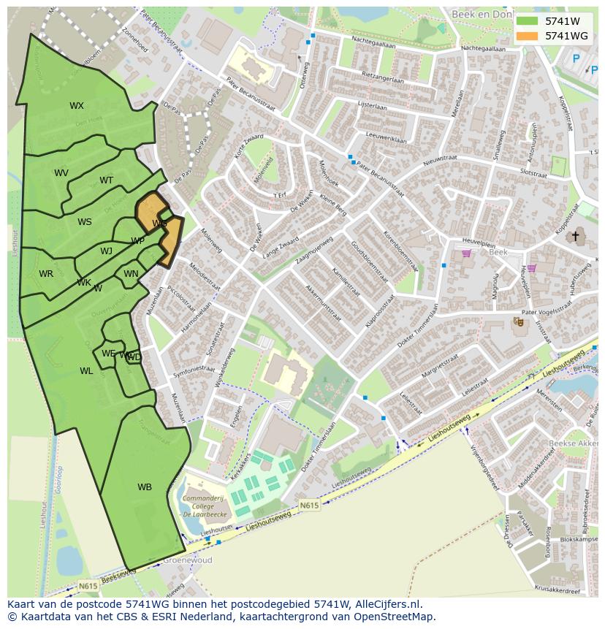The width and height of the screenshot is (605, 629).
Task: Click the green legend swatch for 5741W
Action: click(526, 21)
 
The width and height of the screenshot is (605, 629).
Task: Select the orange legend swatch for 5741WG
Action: click(526, 36)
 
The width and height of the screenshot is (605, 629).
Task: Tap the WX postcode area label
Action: click(77, 106)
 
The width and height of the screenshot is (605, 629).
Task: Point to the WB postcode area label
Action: click(145, 487)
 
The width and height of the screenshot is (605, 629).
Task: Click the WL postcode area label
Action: click(86, 371)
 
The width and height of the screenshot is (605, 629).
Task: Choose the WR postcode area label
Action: click(46, 274)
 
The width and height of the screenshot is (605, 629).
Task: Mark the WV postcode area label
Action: click(61, 173)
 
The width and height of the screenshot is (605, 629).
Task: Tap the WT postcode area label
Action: click(107, 180)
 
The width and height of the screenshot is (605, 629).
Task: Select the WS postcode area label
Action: click(85, 222)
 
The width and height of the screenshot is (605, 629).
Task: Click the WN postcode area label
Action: click(131, 274)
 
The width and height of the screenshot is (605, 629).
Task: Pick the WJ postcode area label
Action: click(107, 251)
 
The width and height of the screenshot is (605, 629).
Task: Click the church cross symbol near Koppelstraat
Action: click(575, 236)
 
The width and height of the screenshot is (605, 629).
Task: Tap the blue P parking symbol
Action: click(576, 59)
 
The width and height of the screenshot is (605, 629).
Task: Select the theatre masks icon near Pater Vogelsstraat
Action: click(519, 321)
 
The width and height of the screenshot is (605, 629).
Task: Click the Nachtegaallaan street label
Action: click(373, 42)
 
